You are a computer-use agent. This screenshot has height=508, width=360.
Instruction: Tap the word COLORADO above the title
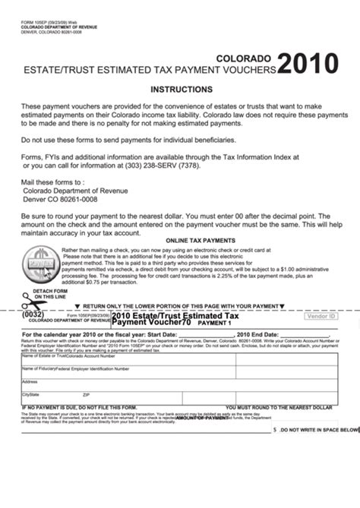[245, 58]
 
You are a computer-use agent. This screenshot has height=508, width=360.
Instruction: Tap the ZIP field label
[86, 395]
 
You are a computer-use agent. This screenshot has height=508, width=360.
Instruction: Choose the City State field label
[30, 395]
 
